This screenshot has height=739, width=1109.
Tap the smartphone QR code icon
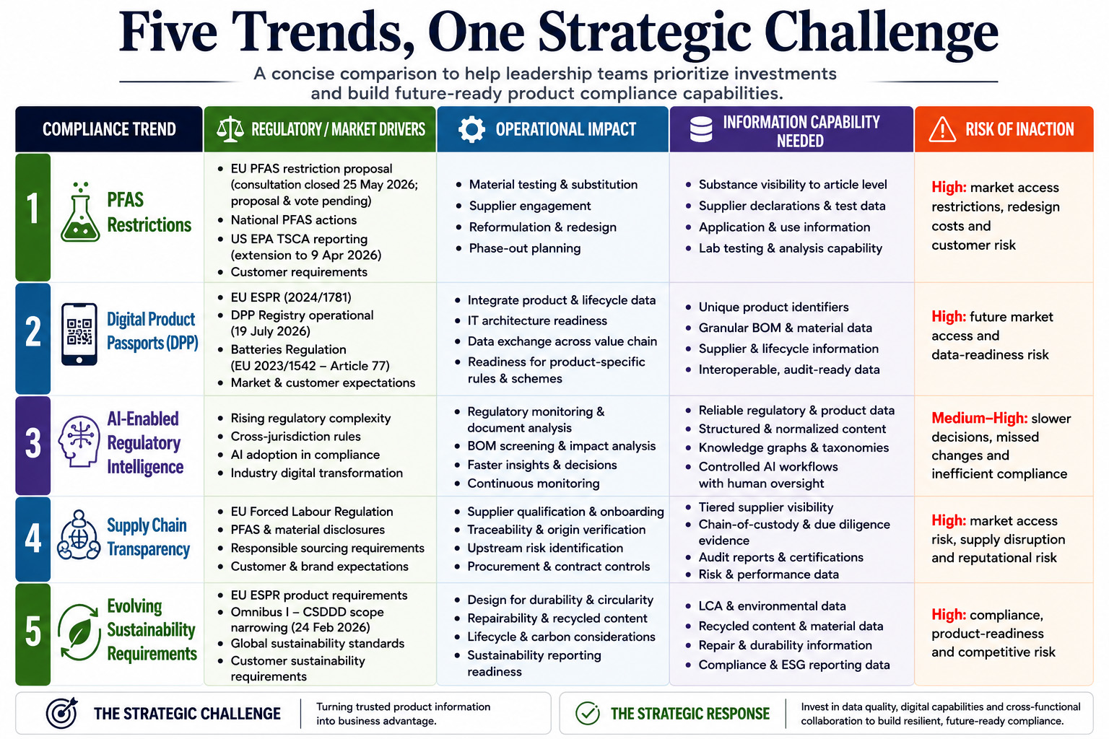pyautogui.click(x=79, y=334)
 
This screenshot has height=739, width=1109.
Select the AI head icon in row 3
pyautogui.click(x=79, y=441)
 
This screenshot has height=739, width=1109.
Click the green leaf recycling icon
pyautogui.click(x=79, y=632)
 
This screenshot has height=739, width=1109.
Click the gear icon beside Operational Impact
pyautogui.click(x=471, y=129)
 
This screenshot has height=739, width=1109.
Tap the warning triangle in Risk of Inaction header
pyautogui.click(x=942, y=130)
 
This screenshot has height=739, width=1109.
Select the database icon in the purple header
pyautogui.click(x=701, y=129)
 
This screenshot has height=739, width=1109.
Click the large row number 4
pyautogui.click(x=33, y=538)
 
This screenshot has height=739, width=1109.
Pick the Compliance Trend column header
pyautogui.click(x=109, y=129)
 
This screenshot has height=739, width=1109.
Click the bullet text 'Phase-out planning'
pyautogui.click(x=525, y=248)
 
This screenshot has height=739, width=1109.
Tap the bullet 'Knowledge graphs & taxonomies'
pyautogui.click(x=793, y=447)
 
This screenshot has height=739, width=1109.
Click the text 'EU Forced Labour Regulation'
pyautogui.click(x=311, y=512)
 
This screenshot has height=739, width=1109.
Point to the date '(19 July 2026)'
pyautogui.click(x=270, y=331)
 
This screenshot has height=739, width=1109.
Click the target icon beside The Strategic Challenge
pyautogui.click(x=62, y=713)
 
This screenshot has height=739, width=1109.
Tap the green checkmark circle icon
pyautogui.click(x=588, y=713)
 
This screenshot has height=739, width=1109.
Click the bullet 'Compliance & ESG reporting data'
pyautogui.click(x=793, y=665)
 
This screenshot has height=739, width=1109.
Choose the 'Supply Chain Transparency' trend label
pyautogui.click(x=148, y=537)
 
